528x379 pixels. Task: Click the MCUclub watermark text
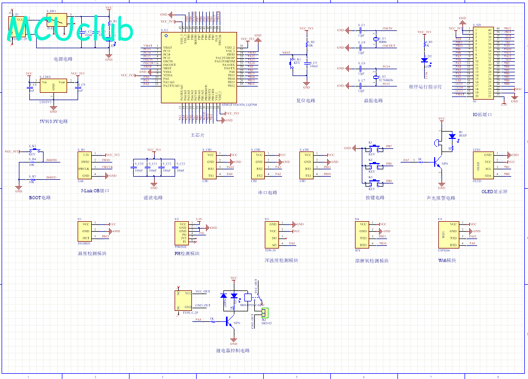tap(71, 30)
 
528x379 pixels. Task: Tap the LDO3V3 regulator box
tap(53, 86)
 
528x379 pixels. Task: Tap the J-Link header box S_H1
tap(85, 165)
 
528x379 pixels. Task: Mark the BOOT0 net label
tap(51, 160)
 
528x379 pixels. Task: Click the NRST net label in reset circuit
tap(286, 53)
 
